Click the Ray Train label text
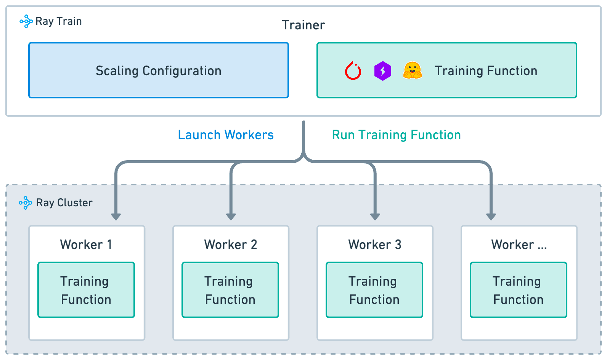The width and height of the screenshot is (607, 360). coord(58,21)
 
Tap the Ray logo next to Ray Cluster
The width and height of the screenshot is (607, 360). coord(26,203)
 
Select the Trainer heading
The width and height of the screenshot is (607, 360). coord(303,25)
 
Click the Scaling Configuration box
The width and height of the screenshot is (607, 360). coord(159,71)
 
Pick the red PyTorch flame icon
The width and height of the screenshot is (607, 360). coord(353,71)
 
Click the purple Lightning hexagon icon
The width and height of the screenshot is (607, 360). coord(382,71)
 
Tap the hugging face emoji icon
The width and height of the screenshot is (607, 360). coord(412,71)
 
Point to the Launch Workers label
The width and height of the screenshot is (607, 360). coord(226,135)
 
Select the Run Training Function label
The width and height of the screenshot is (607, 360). coord(396,135)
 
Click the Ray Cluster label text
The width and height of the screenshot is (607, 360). coord(64,203)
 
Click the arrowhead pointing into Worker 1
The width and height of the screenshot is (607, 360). coord(116,216)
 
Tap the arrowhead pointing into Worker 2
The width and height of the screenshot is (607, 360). coord(231,216)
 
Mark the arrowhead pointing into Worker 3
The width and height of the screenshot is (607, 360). coord(375,216)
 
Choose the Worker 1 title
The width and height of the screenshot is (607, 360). coord(86,244)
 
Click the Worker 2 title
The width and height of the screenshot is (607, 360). coord(231,244)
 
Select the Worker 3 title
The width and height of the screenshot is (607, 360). coord(375,244)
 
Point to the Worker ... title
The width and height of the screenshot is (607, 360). coord(519,244)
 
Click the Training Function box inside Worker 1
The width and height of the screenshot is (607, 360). coord(86,290)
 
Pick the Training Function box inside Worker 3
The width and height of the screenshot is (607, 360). coord(374,290)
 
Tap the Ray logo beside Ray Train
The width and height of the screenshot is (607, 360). coord(26,21)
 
